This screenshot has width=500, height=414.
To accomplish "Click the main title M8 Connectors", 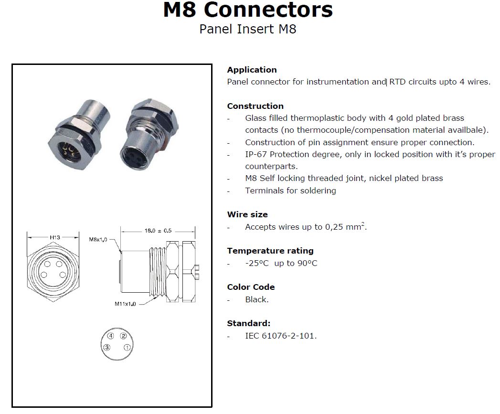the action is (x=248, y=10).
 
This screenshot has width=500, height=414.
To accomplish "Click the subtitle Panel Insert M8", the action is (x=248, y=29).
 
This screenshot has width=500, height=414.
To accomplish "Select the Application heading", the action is (x=252, y=70).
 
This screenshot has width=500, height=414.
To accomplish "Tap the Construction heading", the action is (x=255, y=106).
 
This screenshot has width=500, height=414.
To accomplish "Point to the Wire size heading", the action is (x=247, y=214).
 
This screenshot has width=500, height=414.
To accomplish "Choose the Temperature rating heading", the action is (x=270, y=251).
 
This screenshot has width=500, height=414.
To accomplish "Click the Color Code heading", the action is (x=251, y=287).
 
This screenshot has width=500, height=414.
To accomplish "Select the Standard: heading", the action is (x=249, y=323).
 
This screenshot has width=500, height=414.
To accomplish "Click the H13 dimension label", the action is (x=55, y=237).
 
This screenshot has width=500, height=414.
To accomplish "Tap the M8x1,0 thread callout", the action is (x=98, y=240).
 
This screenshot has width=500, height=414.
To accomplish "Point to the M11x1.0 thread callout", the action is (x=125, y=304).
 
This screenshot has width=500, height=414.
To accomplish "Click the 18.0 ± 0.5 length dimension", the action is (x=158, y=231).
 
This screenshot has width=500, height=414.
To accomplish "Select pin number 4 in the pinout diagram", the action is (x=111, y=336).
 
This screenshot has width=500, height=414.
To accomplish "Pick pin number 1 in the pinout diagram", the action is (x=127, y=347).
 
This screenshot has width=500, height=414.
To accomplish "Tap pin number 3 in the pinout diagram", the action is (x=107, y=347).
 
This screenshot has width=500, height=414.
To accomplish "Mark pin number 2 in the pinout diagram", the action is (x=123, y=336).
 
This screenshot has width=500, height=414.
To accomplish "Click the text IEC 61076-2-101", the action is (x=281, y=336).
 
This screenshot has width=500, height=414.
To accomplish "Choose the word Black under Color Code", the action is (x=256, y=299).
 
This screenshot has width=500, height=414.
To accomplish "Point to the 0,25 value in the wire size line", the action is (x=334, y=227).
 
